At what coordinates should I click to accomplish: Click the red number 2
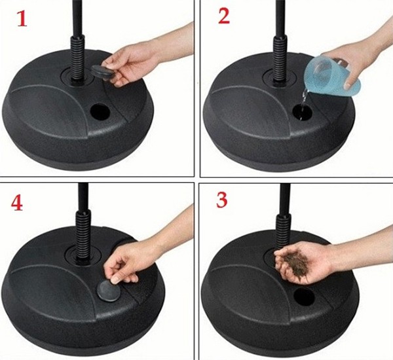tap(223, 17)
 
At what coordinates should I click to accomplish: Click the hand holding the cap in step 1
tap(141, 59)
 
